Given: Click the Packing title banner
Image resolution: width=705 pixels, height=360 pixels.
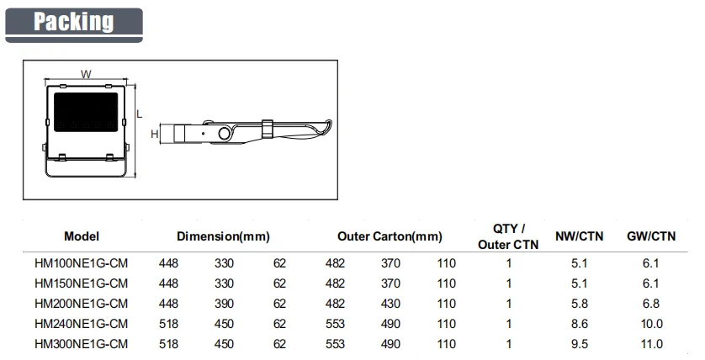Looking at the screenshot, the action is (x=74, y=25).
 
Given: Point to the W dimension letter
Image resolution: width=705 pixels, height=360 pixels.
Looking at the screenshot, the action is (x=86, y=74).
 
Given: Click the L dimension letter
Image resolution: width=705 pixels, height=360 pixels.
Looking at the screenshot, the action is (x=140, y=114).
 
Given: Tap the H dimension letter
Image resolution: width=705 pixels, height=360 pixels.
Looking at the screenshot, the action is (x=155, y=134).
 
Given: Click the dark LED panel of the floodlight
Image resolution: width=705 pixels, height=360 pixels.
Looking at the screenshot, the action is (x=87, y=112).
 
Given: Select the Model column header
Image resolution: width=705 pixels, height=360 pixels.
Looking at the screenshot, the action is (x=82, y=236).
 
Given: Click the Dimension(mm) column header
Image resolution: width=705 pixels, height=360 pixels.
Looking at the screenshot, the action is (x=223, y=236).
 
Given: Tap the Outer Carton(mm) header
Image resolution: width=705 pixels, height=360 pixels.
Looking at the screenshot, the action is (x=390, y=236).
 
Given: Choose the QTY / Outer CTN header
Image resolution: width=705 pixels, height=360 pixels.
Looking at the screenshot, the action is (x=508, y=236).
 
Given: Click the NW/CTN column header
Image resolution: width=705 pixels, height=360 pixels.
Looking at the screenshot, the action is (x=579, y=236).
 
